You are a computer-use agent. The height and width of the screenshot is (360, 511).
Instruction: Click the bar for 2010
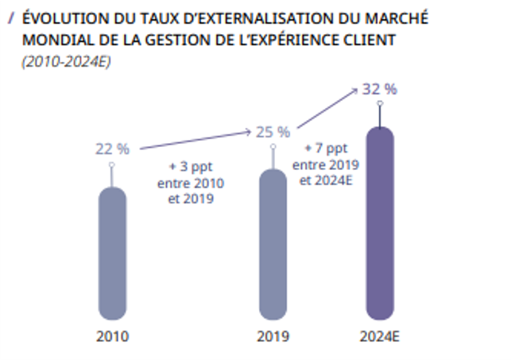[x=112, y=254]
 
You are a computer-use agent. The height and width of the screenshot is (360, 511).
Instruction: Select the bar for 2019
[x=273, y=246]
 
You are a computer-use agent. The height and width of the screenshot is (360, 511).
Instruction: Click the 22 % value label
[x=112, y=149]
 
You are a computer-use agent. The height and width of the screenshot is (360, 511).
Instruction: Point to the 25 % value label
[x=273, y=131]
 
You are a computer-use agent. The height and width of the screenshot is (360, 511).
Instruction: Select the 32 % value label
[x=379, y=89]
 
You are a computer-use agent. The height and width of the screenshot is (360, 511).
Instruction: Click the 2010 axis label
[x=112, y=336]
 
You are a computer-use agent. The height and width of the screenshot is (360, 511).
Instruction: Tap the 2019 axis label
[x=273, y=336]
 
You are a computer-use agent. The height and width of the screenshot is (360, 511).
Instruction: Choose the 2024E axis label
[x=380, y=336]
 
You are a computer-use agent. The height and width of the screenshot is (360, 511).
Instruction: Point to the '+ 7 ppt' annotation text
[x=326, y=149]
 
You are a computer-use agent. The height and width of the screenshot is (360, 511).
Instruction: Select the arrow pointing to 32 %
[x=326, y=108]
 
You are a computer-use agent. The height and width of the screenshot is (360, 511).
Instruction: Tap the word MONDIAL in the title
[x=52, y=40]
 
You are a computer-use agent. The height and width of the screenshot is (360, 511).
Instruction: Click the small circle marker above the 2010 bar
[x=112, y=165]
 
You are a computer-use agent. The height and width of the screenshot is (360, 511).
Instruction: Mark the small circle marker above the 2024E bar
[x=380, y=103]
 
